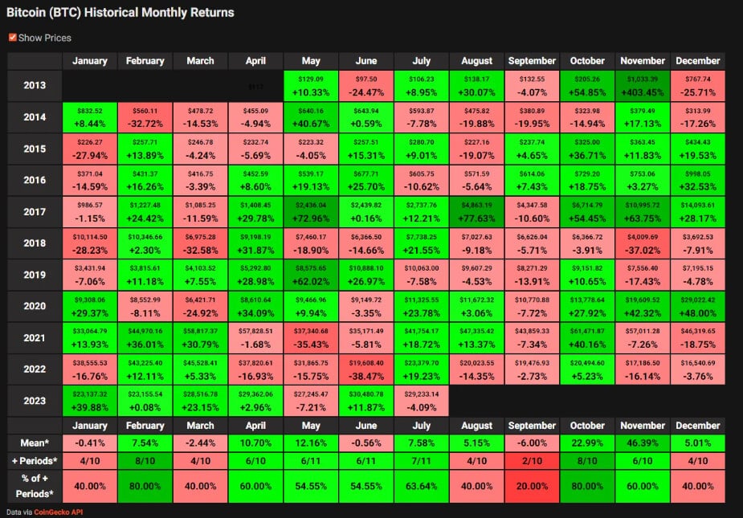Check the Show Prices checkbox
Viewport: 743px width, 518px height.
pyautogui.click(x=12, y=38)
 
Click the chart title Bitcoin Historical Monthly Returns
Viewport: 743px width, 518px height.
pyautogui.click(x=121, y=13)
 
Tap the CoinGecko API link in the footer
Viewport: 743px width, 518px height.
pyautogui.click(x=58, y=511)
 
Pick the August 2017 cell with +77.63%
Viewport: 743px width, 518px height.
pyautogui.click(x=476, y=212)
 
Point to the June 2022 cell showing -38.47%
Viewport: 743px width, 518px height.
pyautogui.click(x=365, y=369)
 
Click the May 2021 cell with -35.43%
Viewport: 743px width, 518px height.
pyautogui.click(x=310, y=338)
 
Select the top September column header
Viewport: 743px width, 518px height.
pyautogui.click(x=532, y=61)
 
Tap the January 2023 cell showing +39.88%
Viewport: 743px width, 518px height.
pyautogui.click(x=90, y=401)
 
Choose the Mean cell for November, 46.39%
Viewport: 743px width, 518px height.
pyautogui.click(x=643, y=442)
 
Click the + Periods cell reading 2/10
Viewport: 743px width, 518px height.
pyautogui.click(x=532, y=460)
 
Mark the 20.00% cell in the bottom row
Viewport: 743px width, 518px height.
pyautogui.click(x=532, y=487)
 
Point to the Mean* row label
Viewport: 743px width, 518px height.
pyautogui.click(x=35, y=442)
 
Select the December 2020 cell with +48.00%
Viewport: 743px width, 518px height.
pyautogui.click(x=698, y=307)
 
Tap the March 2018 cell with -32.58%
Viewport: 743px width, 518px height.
pyautogui.click(x=200, y=243)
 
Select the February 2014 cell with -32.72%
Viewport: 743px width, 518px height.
pyautogui.click(x=145, y=117)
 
